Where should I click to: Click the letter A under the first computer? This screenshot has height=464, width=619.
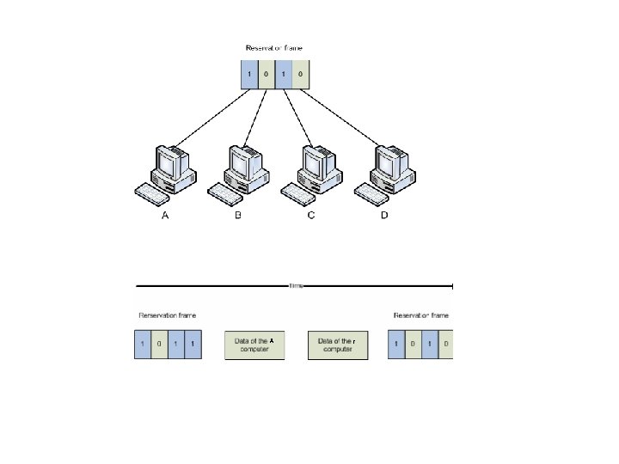(x=165, y=216)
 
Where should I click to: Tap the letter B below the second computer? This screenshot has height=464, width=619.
(x=238, y=216)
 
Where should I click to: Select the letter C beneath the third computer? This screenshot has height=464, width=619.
(x=311, y=216)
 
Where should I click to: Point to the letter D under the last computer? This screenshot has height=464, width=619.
(x=384, y=216)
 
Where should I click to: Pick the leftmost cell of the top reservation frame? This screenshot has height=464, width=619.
(x=249, y=74)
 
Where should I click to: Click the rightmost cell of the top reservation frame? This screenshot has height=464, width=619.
(x=300, y=74)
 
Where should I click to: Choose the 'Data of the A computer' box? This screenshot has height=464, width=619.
(x=254, y=345)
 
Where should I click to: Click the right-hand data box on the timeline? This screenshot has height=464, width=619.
(x=337, y=345)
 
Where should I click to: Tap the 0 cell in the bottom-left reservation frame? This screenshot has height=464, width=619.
(x=159, y=345)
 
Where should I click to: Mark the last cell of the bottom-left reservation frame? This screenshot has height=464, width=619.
(x=193, y=345)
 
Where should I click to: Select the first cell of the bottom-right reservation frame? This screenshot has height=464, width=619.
(x=396, y=345)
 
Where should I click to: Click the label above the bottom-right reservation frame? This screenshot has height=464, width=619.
(x=421, y=315)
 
